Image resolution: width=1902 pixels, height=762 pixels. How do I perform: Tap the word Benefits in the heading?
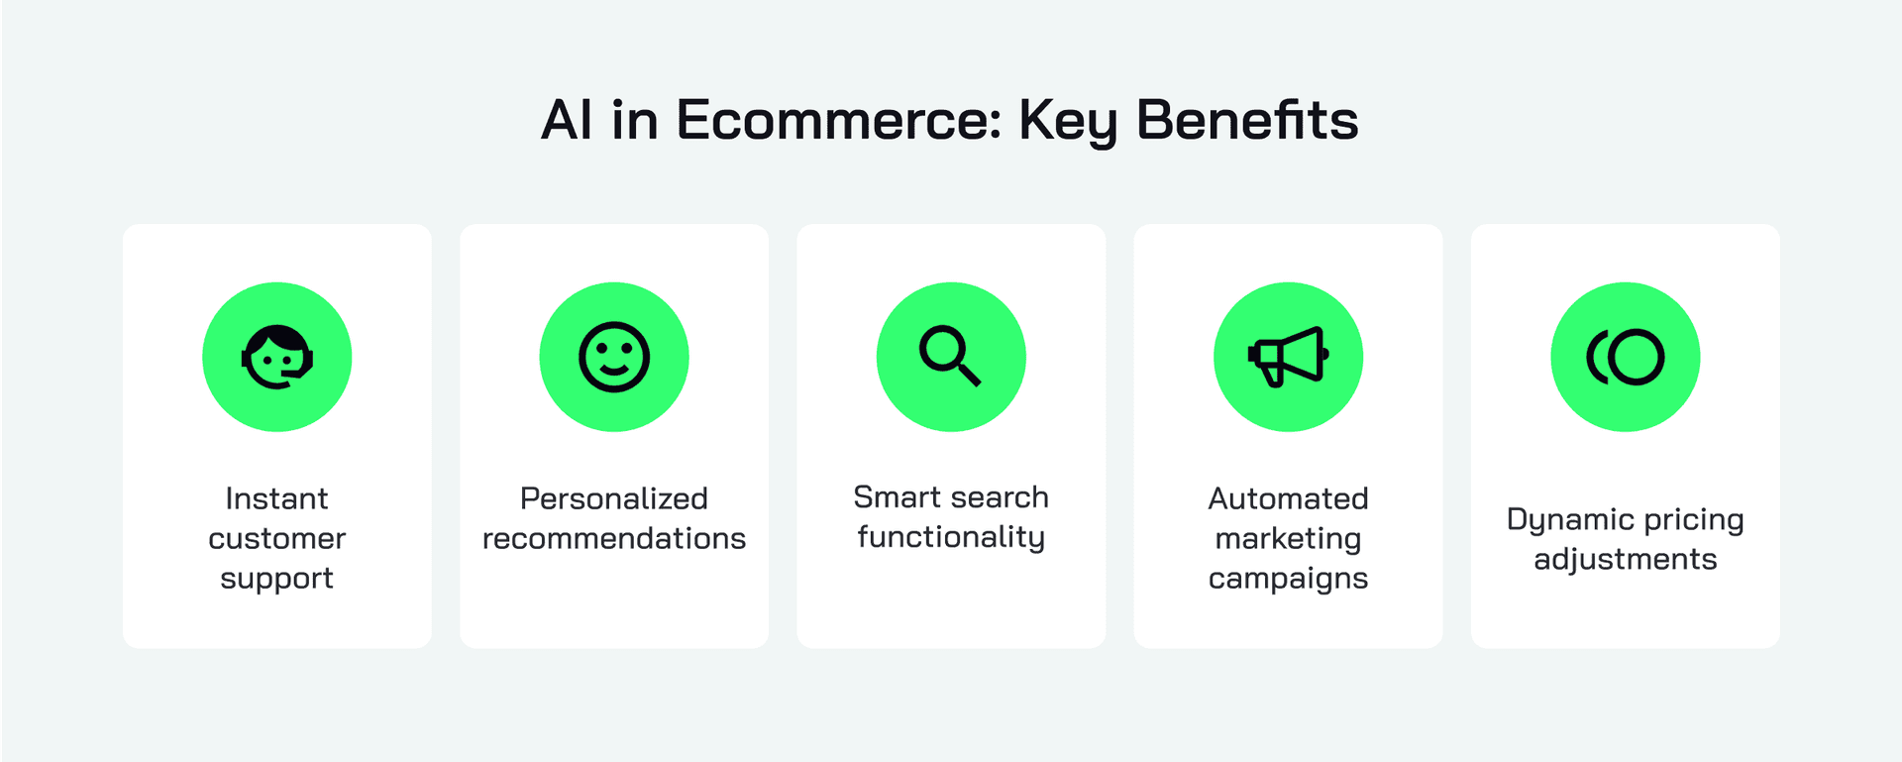pos(1247,120)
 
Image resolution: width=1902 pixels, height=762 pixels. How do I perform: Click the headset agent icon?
pos(277,357)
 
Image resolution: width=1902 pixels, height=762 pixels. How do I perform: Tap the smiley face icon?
pos(614,357)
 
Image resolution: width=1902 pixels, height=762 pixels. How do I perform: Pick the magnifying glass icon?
pos(950,356)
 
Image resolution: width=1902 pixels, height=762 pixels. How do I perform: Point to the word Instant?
pos(276,498)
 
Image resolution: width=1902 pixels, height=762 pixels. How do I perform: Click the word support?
pos(276,580)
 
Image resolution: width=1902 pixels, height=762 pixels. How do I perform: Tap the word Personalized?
pos(614,498)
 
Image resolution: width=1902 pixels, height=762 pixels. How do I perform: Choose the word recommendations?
pos(614,538)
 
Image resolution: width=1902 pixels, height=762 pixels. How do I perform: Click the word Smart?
pos(898,497)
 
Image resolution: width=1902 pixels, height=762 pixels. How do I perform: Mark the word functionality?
pos(951,538)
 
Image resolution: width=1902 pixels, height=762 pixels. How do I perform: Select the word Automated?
pos(1288,498)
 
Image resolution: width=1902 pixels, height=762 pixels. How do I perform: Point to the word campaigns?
pos(1288,580)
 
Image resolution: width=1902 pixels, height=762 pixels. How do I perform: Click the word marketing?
pos(1288,540)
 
